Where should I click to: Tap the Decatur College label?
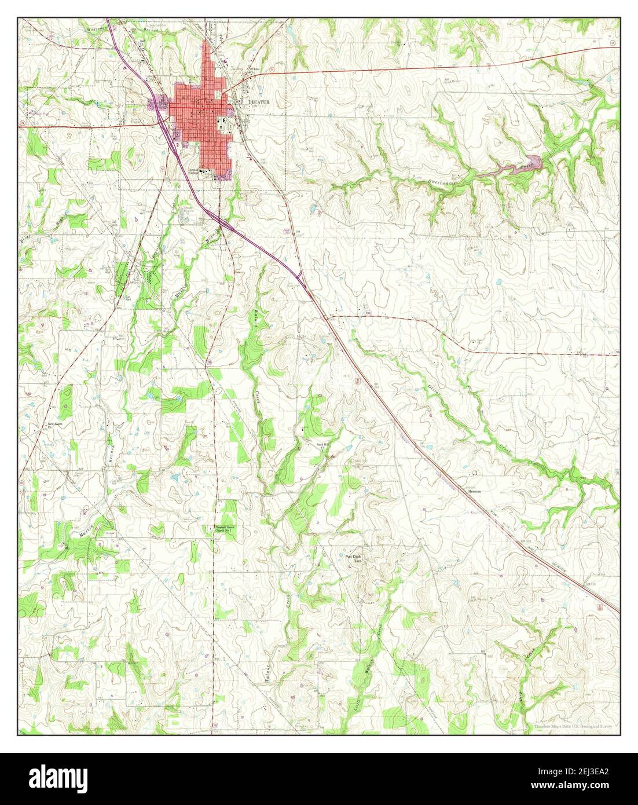click(x=193, y=172)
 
